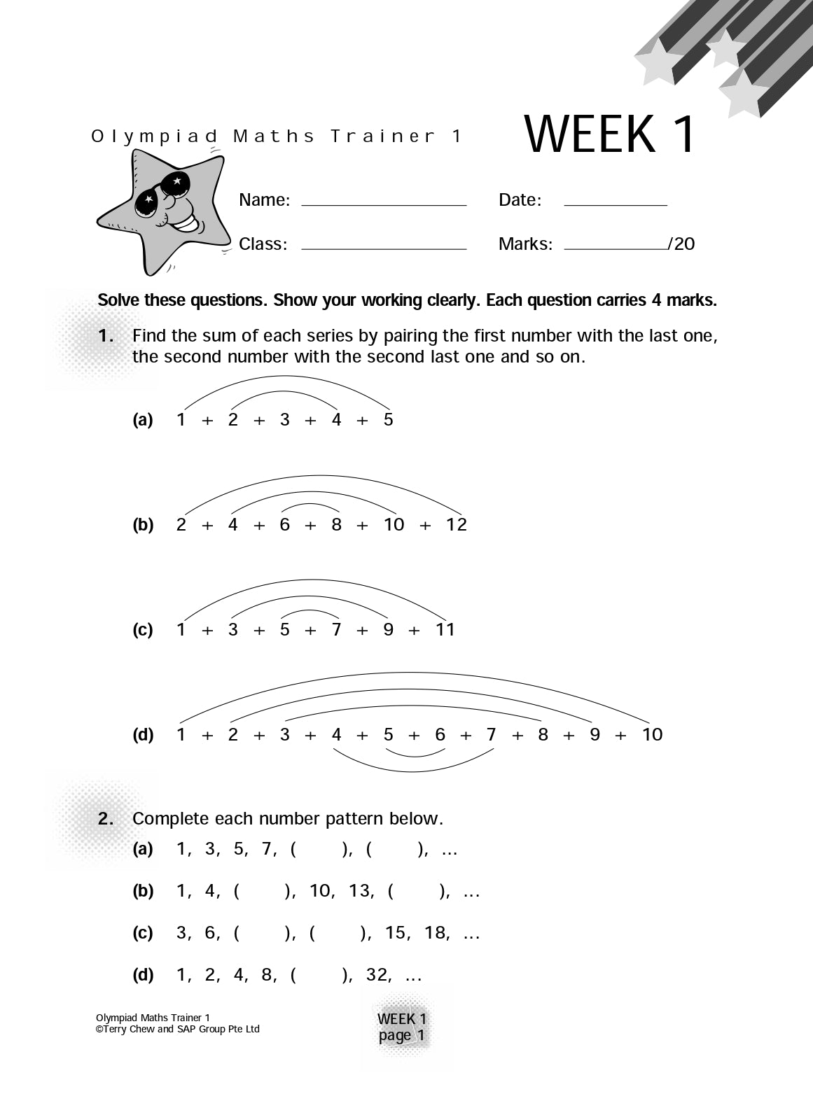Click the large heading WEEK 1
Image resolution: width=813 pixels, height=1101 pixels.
point(610,134)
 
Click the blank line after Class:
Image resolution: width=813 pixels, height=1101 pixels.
point(384,248)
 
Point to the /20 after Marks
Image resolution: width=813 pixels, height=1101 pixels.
point(681,244)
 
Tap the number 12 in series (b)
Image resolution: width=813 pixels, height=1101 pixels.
point(456,524)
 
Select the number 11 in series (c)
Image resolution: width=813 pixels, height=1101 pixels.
point(445,629)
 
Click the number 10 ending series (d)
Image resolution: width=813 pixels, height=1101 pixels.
point(652,734)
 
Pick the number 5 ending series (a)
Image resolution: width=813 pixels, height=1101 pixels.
point(389,419)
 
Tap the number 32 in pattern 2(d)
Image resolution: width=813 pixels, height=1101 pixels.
point(377,975)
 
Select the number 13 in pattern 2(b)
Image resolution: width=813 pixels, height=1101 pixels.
point(360,891)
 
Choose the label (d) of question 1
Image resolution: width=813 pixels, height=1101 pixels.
point(143,735)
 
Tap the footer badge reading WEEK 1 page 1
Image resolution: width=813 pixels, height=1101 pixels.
point(402,1027)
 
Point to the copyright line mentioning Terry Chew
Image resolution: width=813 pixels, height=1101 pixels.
point(178,1029)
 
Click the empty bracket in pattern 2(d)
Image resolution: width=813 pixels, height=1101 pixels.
point(319,975)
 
